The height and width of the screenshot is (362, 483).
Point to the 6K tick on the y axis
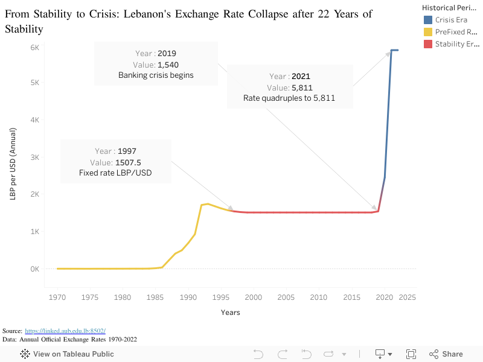(34, 48)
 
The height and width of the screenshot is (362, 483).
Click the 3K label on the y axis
(34, 157)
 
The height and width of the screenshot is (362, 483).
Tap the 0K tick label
(34, 269)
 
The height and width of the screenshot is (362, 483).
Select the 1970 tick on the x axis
(57, 297)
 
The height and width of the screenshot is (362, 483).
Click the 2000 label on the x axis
(253, 297)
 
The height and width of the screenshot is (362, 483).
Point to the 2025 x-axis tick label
(408, 297)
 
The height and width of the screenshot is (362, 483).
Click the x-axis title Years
(230, 313)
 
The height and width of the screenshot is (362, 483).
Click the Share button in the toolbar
(446, 354)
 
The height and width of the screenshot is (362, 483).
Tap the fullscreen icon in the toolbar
(411, 354)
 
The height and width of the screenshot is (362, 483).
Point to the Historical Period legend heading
(451, 8)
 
